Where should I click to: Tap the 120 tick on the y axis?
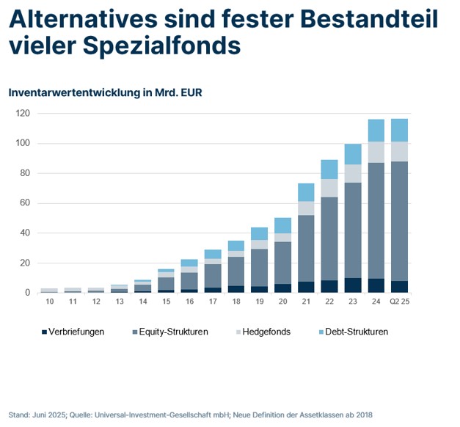pos(22,114)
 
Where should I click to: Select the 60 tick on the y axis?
pos(24,203)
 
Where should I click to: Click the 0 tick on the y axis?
pos(27,293)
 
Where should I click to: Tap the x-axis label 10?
pos(49,302)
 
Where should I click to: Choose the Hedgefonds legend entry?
pos(266,332)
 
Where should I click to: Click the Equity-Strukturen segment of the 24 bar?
pos(376,220)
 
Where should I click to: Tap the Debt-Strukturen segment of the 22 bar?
pos(329,169)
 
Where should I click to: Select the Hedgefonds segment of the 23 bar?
pos(353,173)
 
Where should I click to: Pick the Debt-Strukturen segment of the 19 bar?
pos(260,233)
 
